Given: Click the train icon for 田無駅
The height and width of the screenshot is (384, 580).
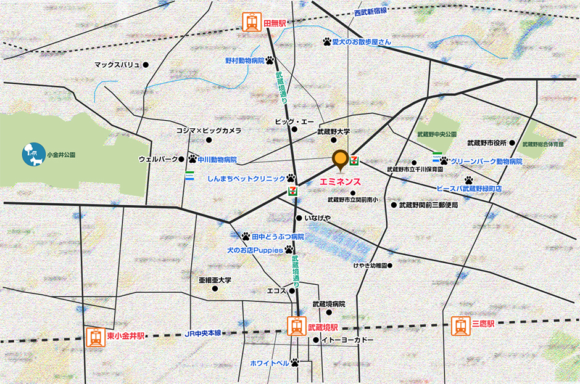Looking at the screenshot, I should coord(251,23).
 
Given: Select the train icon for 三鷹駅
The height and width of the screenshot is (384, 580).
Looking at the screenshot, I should coord(460,326).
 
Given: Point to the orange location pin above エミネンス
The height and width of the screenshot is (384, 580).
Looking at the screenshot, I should coord(340,160).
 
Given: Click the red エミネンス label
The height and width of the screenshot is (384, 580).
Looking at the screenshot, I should coord(341,183).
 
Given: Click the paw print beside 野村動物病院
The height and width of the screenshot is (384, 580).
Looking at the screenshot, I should coord(270,60).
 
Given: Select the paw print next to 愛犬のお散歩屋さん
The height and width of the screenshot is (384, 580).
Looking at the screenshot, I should coord(326,42).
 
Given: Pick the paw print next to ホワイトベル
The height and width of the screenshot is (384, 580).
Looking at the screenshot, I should coord(295,362).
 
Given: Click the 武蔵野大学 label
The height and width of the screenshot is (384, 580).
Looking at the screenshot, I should coord(333,131).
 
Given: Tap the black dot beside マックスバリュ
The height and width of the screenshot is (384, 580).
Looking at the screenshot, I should coord(146,65).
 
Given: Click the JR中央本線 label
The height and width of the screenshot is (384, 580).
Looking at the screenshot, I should coord(203,333).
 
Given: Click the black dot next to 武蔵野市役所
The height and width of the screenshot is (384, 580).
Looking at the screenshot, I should coord(512,143).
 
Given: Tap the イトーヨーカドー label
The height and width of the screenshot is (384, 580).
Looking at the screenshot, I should coord(347,340).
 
